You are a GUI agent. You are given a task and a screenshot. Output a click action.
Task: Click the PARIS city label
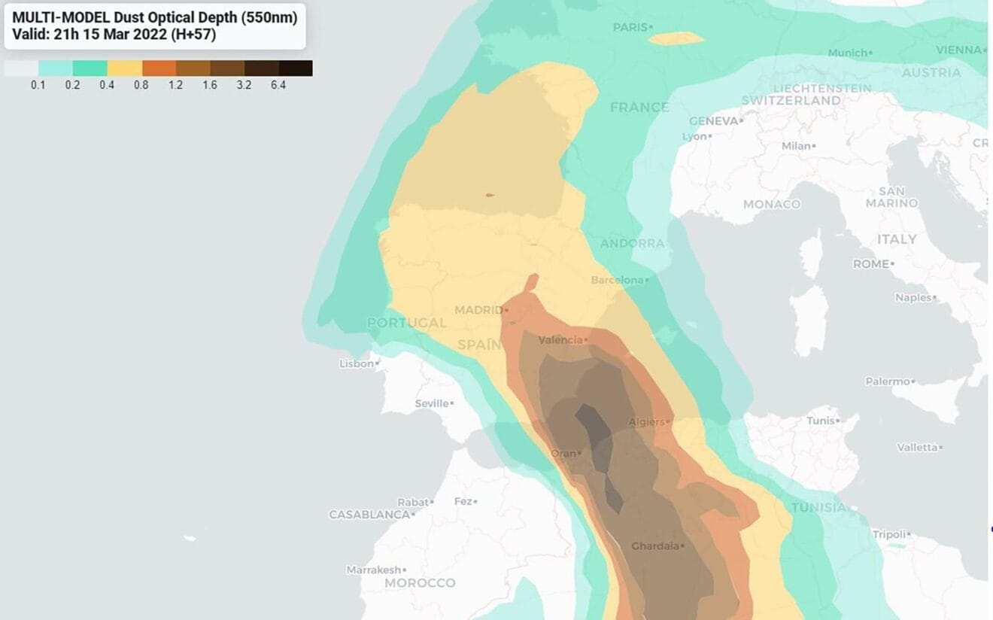(630, 27)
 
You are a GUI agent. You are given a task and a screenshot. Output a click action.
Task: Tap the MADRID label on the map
(478, 310)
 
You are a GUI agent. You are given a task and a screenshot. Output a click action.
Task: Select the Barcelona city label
(617, 280)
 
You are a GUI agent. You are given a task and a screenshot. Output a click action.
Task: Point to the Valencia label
(560, 340)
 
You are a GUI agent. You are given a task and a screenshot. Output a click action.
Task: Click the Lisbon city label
(357, 363)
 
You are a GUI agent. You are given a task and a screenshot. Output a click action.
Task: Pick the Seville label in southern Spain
(432, 403)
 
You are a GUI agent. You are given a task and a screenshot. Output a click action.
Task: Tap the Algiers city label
(646, 421)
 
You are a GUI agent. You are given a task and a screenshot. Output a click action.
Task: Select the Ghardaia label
(654, 546)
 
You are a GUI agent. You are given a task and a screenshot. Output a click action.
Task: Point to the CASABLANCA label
(369, 515)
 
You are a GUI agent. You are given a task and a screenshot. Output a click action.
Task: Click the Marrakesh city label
(373, 570)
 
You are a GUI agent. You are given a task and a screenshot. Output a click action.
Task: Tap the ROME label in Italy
(870, 264)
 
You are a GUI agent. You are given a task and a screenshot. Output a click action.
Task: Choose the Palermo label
(887, 381)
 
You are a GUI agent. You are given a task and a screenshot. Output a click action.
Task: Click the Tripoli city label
(888, 534)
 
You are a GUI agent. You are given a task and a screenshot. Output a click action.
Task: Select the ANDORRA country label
(632, 243)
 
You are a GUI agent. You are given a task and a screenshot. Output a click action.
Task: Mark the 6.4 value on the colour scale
(278, 85)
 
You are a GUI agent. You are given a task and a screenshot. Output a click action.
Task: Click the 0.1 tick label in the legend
(38, 85)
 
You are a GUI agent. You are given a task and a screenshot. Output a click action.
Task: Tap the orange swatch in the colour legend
(159, 68)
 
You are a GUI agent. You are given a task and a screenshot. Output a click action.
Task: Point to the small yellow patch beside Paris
(676, 38)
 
